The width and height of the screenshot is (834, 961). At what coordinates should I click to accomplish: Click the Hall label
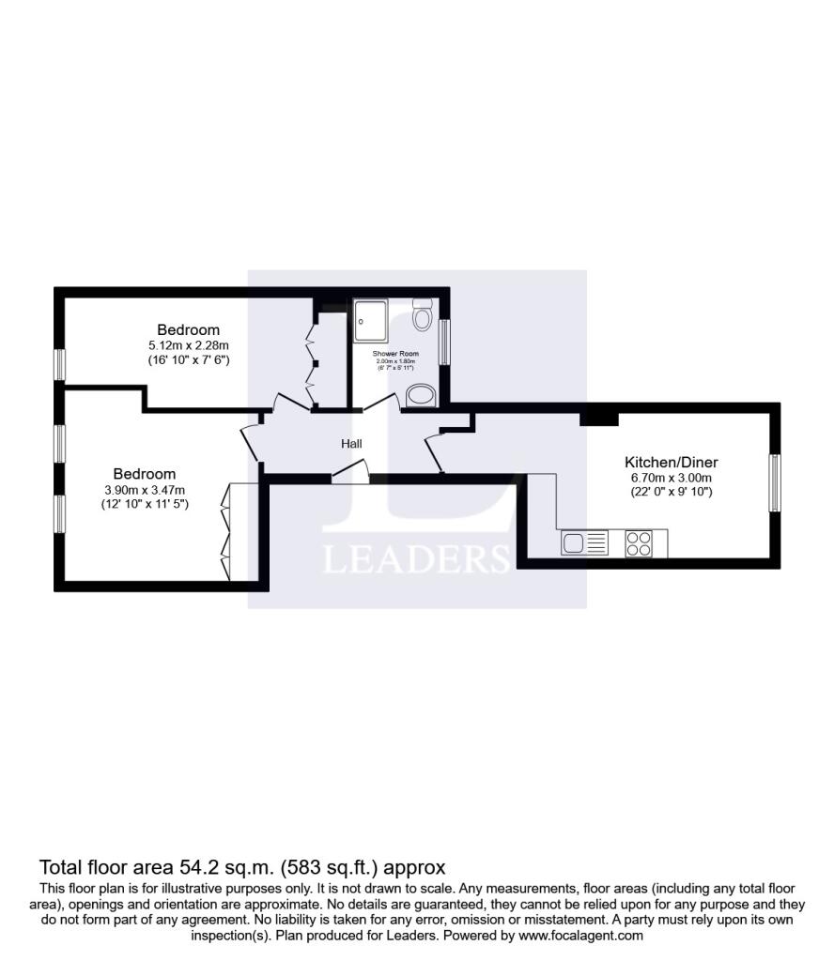[351, 444]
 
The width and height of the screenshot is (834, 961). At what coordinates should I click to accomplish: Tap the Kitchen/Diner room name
[671, 463]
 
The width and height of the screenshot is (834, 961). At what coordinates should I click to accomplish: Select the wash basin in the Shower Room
[420, 395]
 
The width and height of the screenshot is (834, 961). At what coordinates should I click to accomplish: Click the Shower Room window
[445, 340]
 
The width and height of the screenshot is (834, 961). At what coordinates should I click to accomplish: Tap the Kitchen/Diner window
[775, 483]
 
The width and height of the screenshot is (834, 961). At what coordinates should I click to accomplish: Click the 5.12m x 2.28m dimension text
[189, 345]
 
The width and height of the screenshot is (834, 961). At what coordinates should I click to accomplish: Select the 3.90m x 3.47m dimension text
[145, 489]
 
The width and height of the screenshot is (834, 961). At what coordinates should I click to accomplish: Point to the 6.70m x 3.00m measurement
[671, 478]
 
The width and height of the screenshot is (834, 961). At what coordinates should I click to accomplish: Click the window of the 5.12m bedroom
[60, 364]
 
